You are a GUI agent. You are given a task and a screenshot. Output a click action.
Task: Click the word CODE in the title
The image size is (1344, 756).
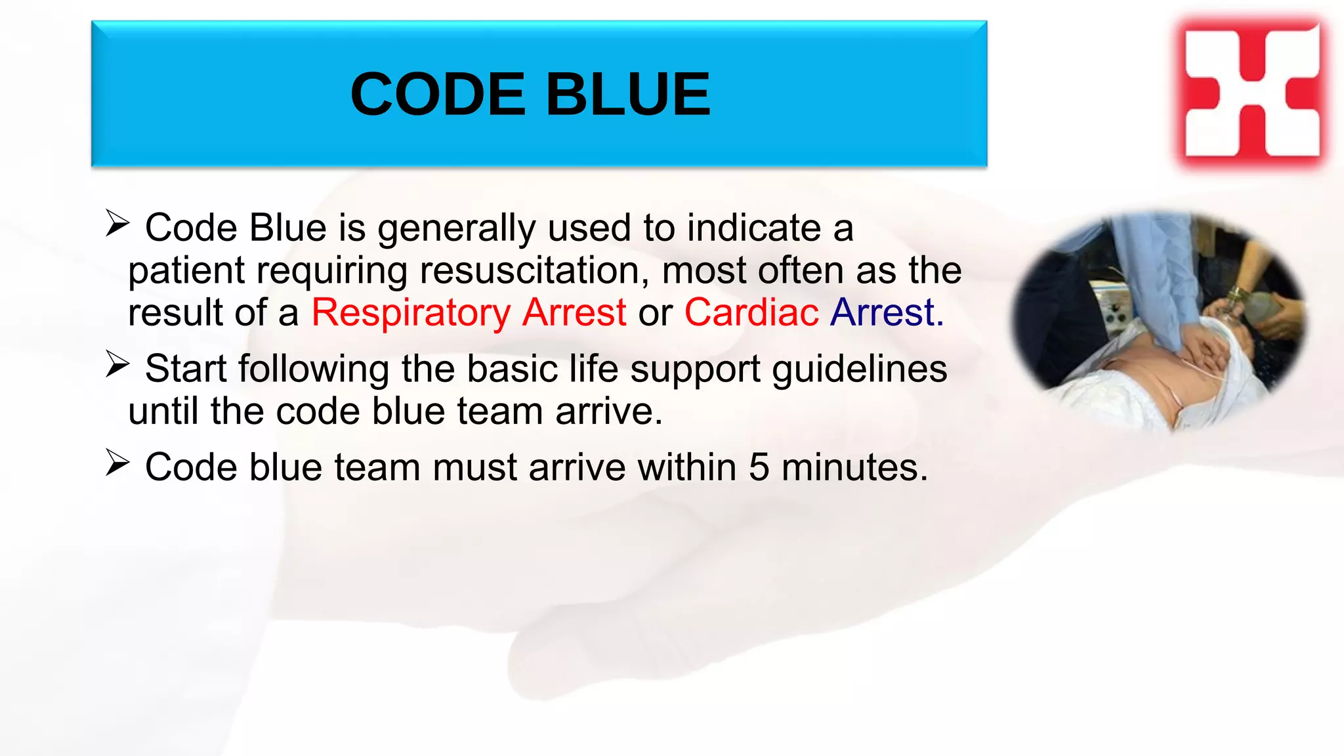pos(438,94)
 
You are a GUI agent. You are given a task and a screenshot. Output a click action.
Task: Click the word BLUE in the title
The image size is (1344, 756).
pos(628,94)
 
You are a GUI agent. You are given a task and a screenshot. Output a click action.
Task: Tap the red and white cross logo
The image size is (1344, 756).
pos(1252,91)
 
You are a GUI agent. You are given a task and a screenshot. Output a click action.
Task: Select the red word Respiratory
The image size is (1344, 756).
pos(410,312)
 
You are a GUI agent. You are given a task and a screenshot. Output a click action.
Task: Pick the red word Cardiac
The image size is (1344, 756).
pos(751,312)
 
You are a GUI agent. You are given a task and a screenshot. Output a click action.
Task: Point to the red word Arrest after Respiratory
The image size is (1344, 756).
pos(574,312)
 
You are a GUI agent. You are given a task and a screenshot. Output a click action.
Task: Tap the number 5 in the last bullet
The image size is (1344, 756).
pos(759,467)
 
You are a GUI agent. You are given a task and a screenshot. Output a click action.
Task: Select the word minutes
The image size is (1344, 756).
pos(854,467)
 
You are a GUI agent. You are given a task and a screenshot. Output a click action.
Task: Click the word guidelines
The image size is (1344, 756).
pos(860,369)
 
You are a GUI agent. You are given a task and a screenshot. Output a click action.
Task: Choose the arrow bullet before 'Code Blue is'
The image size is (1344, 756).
pos(117,224)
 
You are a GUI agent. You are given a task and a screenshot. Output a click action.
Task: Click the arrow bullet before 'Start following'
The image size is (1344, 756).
pos(117,365)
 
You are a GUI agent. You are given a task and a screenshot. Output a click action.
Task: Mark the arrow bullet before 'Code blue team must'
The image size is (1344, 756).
pos(117,463)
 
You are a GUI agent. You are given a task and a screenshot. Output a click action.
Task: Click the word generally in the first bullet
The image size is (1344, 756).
pos(457,228)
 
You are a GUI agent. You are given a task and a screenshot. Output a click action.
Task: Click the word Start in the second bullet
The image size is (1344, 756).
pos(186,369)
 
